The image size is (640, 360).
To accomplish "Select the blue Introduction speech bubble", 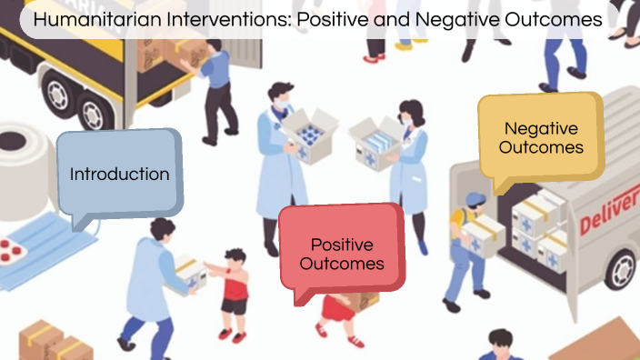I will point(119,174).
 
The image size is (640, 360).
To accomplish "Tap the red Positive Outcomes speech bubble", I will point(342,254).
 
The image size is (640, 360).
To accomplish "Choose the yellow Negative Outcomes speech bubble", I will point(541,138).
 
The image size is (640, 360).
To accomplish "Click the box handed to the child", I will point(192,273).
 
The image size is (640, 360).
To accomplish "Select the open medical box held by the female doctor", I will point(375,139).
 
